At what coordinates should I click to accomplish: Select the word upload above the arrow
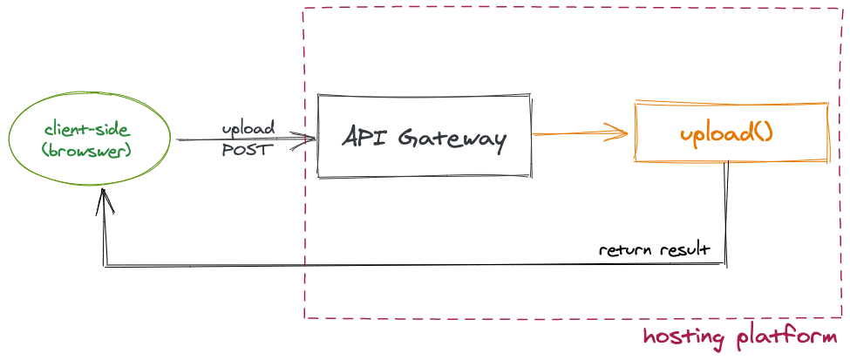(248, 129)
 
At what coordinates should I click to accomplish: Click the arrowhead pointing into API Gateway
(305, 139)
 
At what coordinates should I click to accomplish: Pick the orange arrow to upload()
(575, 133)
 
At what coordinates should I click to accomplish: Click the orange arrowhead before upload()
(619, 132)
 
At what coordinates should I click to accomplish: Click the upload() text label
(725, 134)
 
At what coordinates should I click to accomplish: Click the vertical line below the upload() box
(726, 209)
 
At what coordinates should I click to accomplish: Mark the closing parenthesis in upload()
(768, 134)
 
